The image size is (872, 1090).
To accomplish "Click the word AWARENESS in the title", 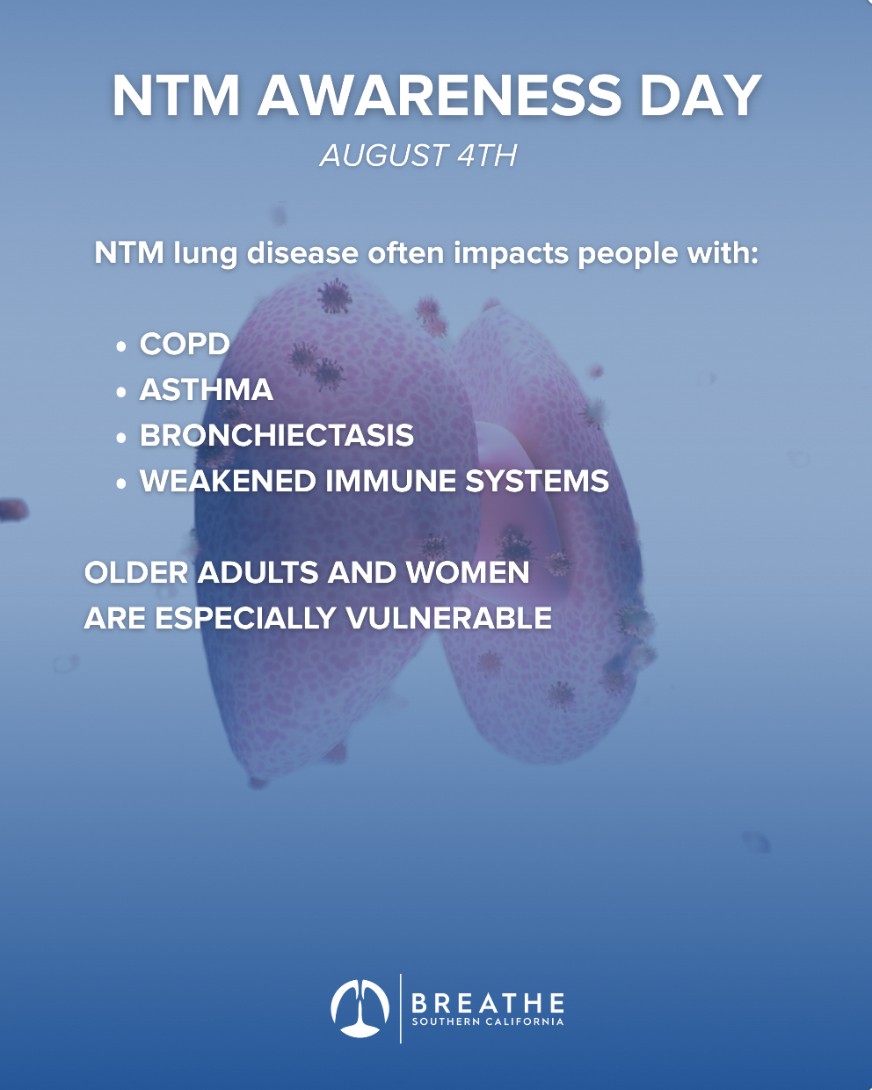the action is click(440, 96).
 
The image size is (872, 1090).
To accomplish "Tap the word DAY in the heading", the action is click(701, 96).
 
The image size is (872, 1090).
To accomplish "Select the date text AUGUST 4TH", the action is click(418, 155).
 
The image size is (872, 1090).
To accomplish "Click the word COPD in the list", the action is click(185, 344).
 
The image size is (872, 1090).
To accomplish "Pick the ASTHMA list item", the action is click(207, 389).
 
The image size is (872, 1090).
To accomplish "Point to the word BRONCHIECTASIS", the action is click(277, 435).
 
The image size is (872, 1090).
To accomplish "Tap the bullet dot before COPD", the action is click(120, 346).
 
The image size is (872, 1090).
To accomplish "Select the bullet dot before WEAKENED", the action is click(120, 483).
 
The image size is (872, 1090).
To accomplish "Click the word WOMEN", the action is click(468, 572).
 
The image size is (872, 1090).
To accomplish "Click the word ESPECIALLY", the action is click(245, 618).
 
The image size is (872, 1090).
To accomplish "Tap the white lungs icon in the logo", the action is click(360, 1008).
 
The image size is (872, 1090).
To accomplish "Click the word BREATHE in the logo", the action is click(488, 1002).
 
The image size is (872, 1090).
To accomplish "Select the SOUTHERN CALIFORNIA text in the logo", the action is click(488, 1021).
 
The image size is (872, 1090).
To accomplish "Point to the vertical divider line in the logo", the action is click(401, 1008).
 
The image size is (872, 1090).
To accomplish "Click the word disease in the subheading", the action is click(302, 252).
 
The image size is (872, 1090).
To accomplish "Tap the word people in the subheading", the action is click(628, 253).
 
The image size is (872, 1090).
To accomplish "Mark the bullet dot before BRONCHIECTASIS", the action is click(120, 438).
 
